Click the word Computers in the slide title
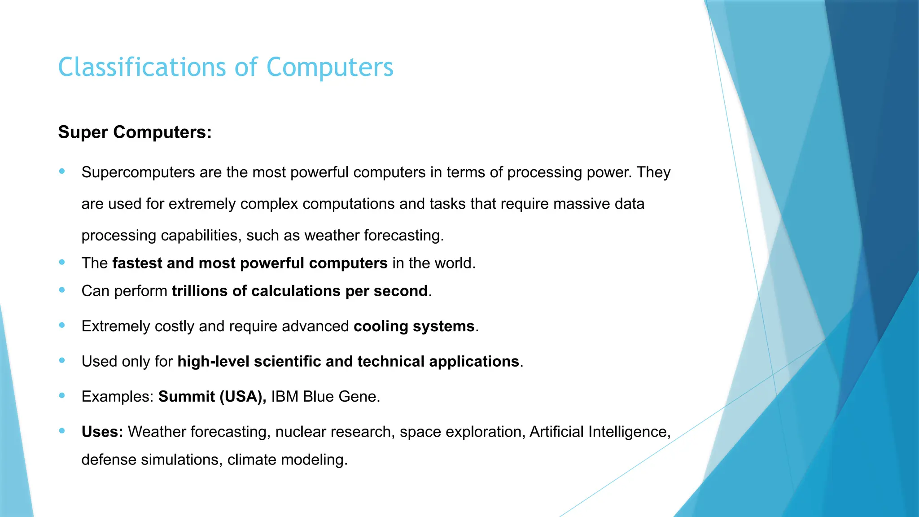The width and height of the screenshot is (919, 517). tap(329, 67)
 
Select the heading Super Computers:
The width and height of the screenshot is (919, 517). tap(135, 132)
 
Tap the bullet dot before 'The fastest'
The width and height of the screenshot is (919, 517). tap(62, 262)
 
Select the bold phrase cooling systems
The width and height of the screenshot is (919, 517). tap(414, 326)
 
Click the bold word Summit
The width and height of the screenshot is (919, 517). tap(186, 397)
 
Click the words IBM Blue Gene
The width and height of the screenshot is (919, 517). tap(325, 397)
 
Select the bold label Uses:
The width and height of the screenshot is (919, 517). tap(102, 432)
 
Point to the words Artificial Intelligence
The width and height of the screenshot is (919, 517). tap(600, 432)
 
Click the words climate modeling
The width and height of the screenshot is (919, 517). tap(287, 460)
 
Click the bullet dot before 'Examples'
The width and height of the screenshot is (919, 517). tap(62, 396)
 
